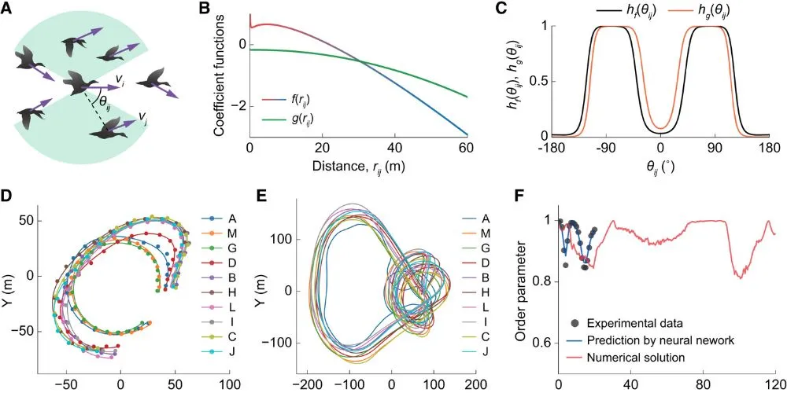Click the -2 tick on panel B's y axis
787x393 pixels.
(x=240, y=105)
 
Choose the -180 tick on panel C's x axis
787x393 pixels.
(x=552, y=147)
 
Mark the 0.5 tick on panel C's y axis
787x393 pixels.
(x=538, y=81)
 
